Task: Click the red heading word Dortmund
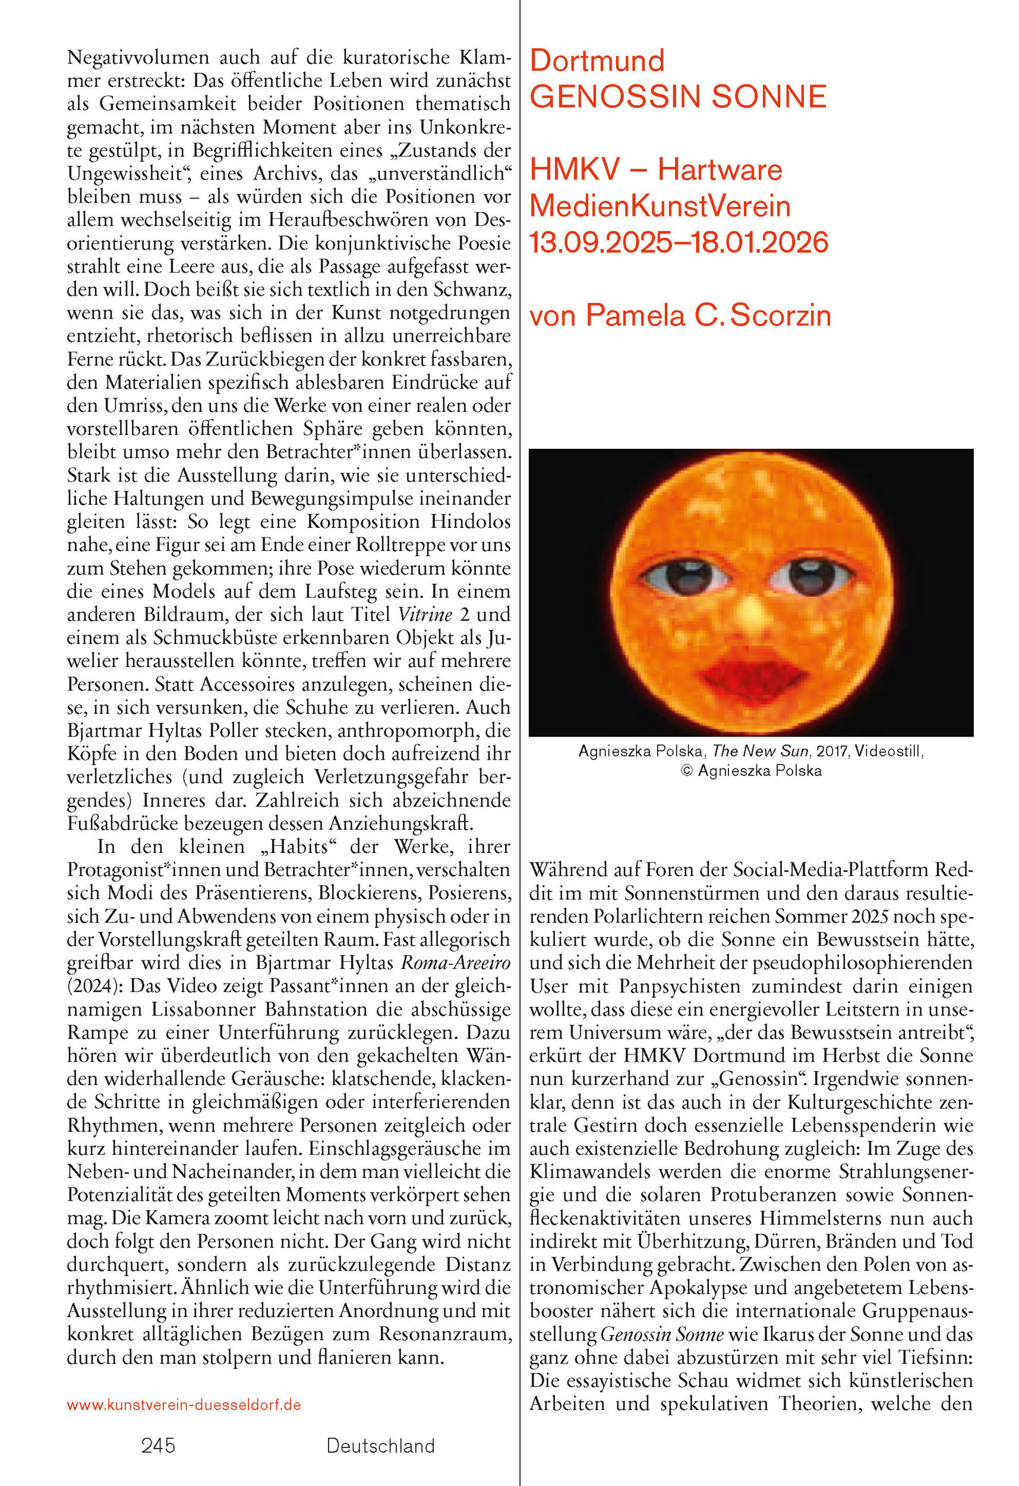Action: [597, 61]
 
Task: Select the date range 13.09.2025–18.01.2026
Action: [679, 243]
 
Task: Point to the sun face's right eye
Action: [810, 574]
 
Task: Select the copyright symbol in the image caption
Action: [687, 771]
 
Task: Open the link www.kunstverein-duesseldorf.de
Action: [184, 1405]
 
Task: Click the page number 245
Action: [158, 1446]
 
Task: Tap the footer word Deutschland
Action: [380, 1446]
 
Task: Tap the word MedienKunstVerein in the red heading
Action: [660, 206]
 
